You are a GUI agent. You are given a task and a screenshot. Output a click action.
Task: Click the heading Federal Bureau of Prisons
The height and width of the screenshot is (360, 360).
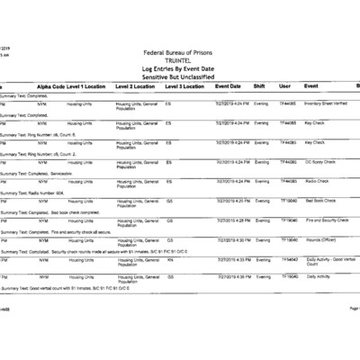click(179, 52)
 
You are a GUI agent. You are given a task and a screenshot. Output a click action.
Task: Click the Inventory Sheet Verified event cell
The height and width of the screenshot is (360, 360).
click(328, 103)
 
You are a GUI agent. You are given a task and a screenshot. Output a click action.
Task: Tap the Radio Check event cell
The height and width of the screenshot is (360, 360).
click(317, 181)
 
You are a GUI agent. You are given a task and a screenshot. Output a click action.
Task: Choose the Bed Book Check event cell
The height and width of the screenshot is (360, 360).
click(321, 201)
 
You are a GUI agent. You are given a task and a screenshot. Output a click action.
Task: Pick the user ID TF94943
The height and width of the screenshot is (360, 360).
click(289, 258)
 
